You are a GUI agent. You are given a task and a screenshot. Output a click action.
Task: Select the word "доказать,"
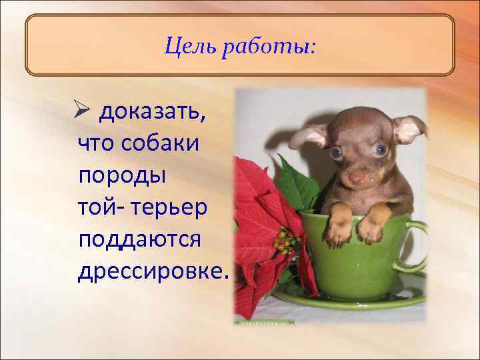[x=153, y=114]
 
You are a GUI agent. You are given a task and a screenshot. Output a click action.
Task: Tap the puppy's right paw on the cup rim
[x=369, y=229]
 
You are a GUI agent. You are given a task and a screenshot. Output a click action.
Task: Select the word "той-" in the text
[x=99, y=207]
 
